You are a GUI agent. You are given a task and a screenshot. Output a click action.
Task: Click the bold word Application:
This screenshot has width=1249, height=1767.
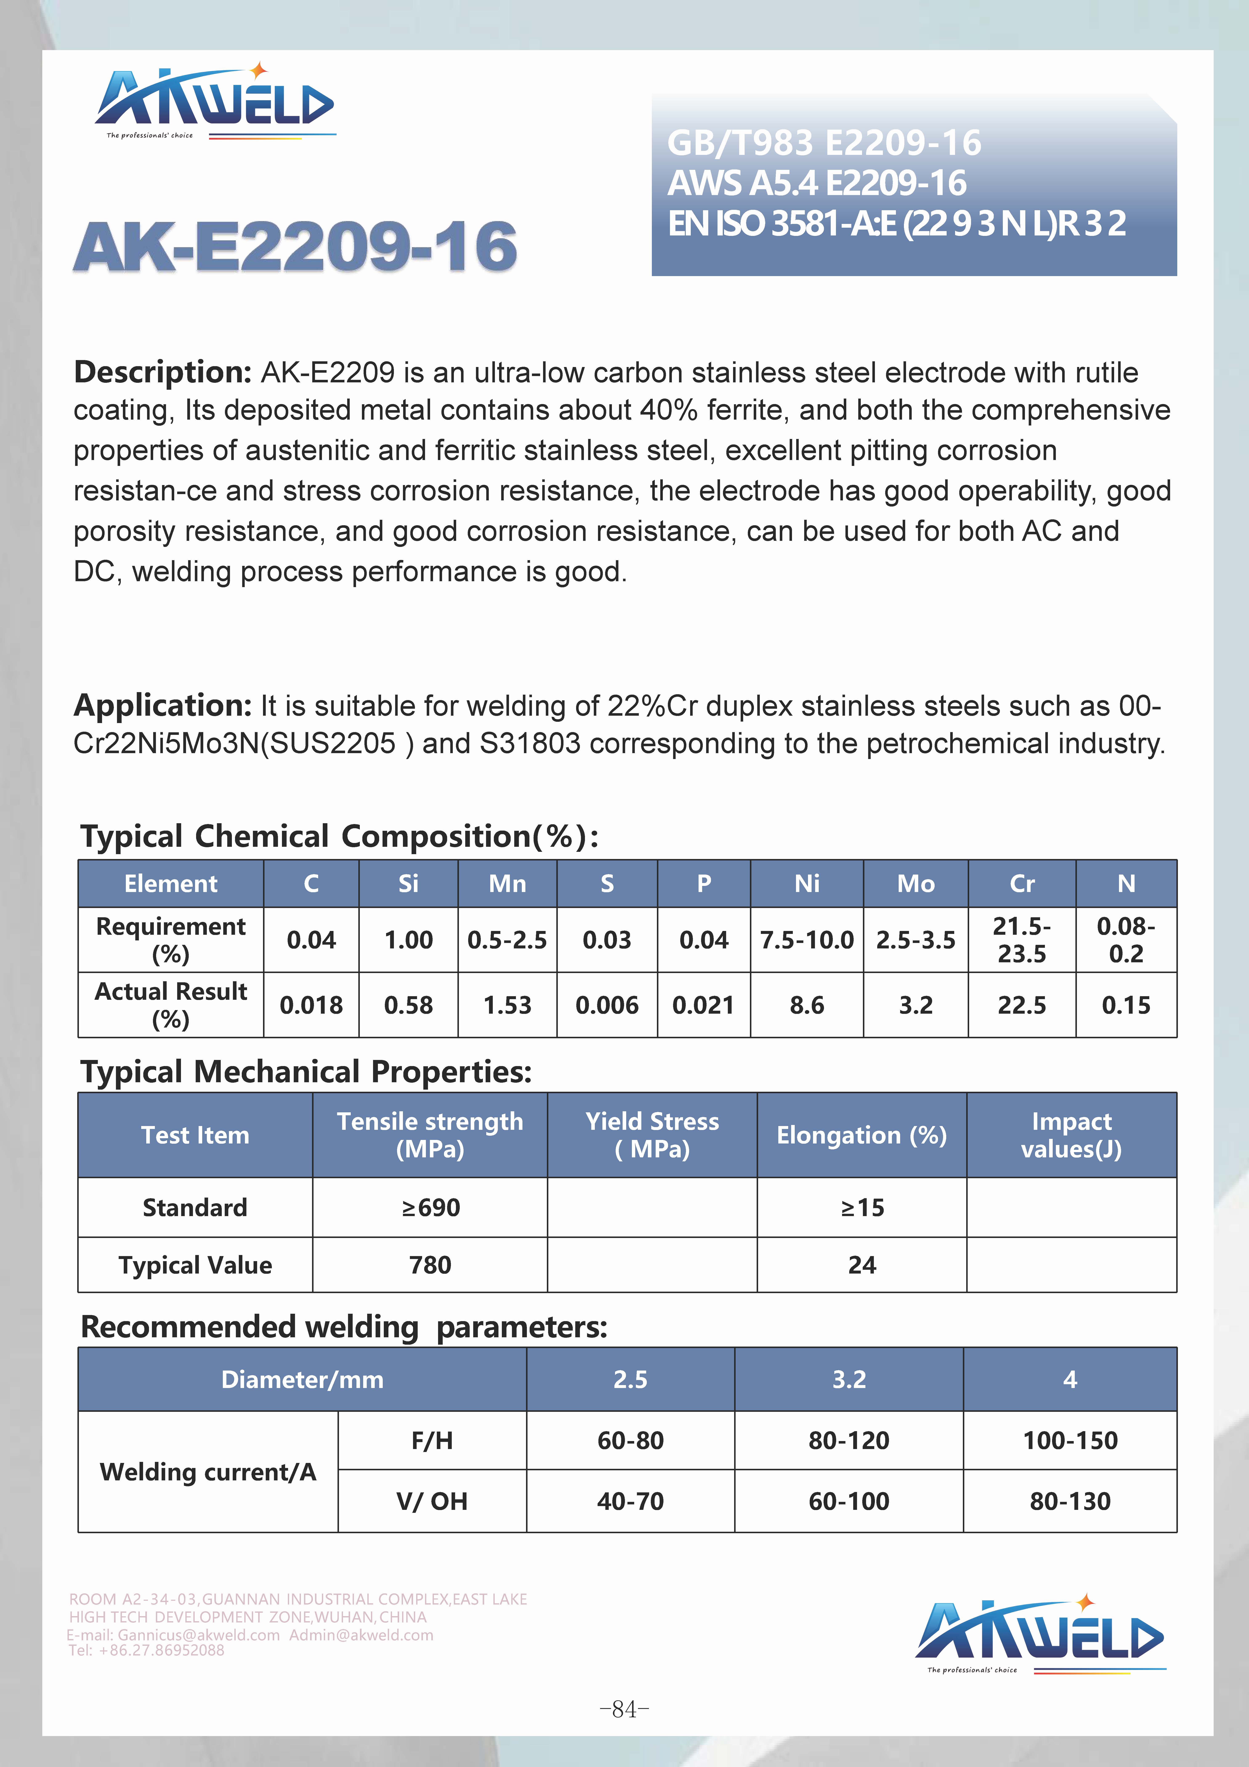pos(162,705)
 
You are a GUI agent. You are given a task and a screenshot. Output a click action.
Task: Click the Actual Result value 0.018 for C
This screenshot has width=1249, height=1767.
pos(311,1005)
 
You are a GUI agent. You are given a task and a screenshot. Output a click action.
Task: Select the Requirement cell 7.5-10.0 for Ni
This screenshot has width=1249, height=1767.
pos(807,940)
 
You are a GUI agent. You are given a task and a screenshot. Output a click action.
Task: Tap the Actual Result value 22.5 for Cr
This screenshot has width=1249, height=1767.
pos(1021,1005)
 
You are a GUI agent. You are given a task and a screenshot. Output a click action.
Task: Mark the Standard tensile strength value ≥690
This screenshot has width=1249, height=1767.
pos(430,1207)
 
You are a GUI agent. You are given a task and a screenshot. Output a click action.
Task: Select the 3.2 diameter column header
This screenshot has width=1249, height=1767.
pos(849,1379)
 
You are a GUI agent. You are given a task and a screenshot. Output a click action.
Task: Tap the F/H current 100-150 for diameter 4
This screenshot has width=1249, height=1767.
pos(1070,1440)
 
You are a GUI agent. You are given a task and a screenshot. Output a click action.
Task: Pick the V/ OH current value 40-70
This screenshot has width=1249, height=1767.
pos(630,1501)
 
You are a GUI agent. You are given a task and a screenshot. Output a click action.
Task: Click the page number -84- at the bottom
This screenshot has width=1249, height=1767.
pos(624,1709)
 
